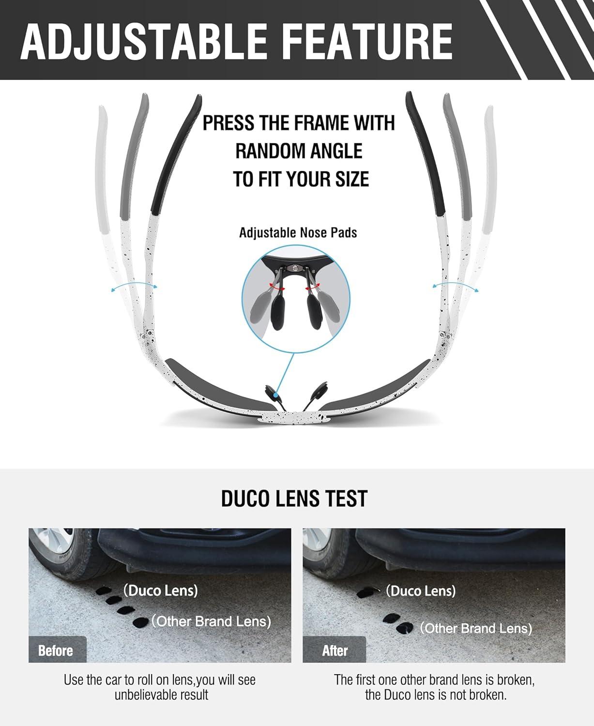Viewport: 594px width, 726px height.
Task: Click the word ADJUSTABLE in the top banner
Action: click(x=143, y=42)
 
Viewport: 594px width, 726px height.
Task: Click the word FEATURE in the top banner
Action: click(x=368, y=42)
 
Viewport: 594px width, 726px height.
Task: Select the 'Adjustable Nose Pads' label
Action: click(x=298, y=233)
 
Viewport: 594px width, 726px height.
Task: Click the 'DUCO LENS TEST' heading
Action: click(x=294, y=498)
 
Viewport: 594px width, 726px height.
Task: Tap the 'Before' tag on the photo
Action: click(x=56, y=650)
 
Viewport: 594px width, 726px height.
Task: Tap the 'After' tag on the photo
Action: click(x=335, y=650)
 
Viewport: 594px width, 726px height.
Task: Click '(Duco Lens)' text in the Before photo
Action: click(x=161, y=590)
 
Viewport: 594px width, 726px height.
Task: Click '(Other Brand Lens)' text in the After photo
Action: click(x=476, y=628)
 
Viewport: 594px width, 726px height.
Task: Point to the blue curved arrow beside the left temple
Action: click(x=134, y=283)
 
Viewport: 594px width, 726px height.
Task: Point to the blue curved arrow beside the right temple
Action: click(x=455, y=284)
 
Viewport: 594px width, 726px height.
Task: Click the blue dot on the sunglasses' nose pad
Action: click(x=276, y=396)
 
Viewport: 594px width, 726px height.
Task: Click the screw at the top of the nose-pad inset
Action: click(x=295, y=267)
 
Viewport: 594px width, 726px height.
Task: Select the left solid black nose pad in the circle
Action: click(x=278, y=313)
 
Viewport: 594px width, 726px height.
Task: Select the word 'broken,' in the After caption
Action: click(x=516, y=680)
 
